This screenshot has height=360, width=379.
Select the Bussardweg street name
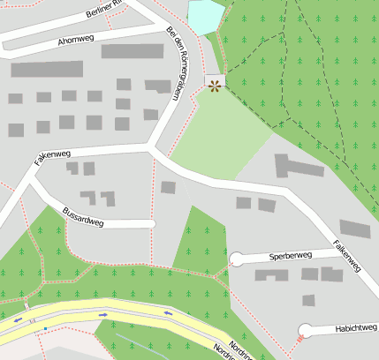(83, 216)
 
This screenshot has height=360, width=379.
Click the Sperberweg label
(291, 256)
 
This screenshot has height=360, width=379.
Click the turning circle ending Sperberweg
(236, 259)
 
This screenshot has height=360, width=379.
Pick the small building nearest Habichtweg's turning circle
(308, 300)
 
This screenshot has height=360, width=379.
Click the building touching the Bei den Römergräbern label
(158, 86)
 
